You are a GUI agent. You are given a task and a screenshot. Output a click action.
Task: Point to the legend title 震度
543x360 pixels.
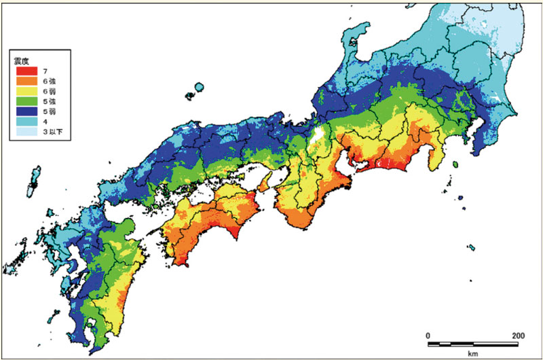point(22,61)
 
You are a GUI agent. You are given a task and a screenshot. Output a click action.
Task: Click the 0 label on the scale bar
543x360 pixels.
point(428,336)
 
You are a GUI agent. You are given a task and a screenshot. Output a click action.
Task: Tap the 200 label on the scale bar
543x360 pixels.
point(517,336)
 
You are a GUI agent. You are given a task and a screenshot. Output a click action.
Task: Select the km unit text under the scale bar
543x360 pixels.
point(473,353)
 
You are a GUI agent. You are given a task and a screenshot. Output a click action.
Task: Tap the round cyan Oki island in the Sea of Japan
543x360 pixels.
point(198,88)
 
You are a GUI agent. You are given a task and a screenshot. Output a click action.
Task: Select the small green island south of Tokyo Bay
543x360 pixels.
point(455,163)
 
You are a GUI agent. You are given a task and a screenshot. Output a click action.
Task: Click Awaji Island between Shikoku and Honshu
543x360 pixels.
point(265,181)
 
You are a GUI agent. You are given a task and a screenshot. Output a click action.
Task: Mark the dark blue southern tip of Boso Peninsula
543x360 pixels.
point(479,149)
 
